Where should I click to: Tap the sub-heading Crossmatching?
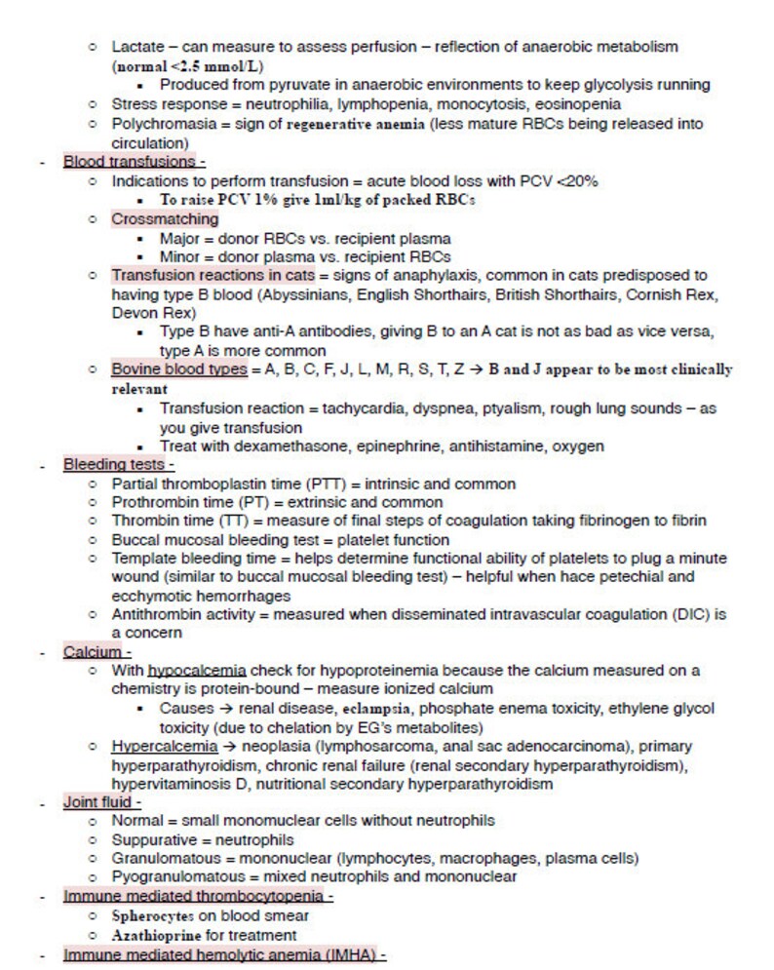[x=165, y=219]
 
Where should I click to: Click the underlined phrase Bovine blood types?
[x=179, y=369]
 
